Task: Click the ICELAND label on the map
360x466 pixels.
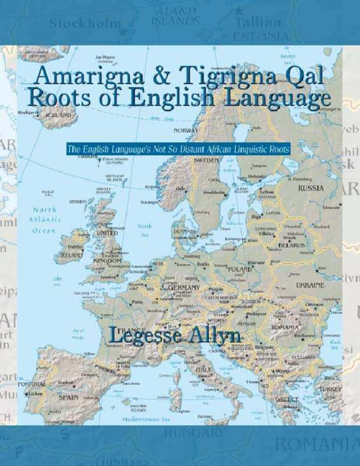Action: pos(58,115)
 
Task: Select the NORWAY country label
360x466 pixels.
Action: pos(185,130)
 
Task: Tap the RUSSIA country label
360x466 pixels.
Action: pos(310,188)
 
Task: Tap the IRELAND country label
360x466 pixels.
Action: pos(72,255)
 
